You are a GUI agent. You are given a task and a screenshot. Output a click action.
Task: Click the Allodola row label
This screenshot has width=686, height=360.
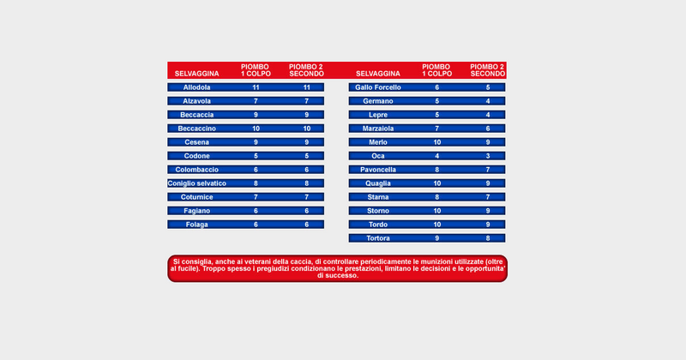(x=196, y=87)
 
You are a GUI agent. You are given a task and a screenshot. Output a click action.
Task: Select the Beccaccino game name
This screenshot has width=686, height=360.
(x=196, y=129)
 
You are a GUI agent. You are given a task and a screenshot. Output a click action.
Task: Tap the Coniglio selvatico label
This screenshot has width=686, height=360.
(x=197, y=183)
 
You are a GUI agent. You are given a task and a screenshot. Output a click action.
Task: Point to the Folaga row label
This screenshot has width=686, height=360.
(x=196, y=225)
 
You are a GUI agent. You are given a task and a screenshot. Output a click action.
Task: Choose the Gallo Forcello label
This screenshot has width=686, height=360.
(x=377, y=87)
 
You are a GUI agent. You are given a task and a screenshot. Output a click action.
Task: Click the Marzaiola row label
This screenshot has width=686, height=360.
(x=377, y=129)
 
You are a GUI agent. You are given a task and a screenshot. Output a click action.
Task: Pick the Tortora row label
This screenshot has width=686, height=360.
(x=377, y=238)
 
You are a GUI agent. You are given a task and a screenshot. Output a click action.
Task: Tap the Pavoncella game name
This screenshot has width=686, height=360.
(x=377, y=170)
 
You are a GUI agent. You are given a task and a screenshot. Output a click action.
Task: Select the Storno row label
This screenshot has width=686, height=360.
(x=377, y=211)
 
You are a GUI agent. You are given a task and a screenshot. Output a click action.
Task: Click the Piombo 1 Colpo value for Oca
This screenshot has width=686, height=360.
(x=437, y=156)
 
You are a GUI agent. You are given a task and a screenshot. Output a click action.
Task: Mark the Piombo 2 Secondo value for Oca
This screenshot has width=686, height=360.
(x=488, y=156)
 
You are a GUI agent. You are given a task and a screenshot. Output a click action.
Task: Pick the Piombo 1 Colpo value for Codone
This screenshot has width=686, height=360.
(x=256, y=156)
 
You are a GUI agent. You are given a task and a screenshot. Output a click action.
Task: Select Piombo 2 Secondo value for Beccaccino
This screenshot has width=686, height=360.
(x=306, y=129)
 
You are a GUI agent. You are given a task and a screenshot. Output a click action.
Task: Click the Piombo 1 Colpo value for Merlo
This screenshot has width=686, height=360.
(x=437, y=142)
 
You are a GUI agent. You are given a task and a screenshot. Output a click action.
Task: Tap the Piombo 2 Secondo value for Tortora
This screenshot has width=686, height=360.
(x=488, y=238)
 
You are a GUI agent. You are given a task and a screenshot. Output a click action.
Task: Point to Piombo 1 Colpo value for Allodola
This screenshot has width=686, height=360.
(x=256, y=87)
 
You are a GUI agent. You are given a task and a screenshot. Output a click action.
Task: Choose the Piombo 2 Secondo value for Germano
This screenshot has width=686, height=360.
(x=488, y=101)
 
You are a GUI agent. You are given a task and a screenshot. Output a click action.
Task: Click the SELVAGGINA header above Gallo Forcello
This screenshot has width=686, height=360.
(x=377, y=74)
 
